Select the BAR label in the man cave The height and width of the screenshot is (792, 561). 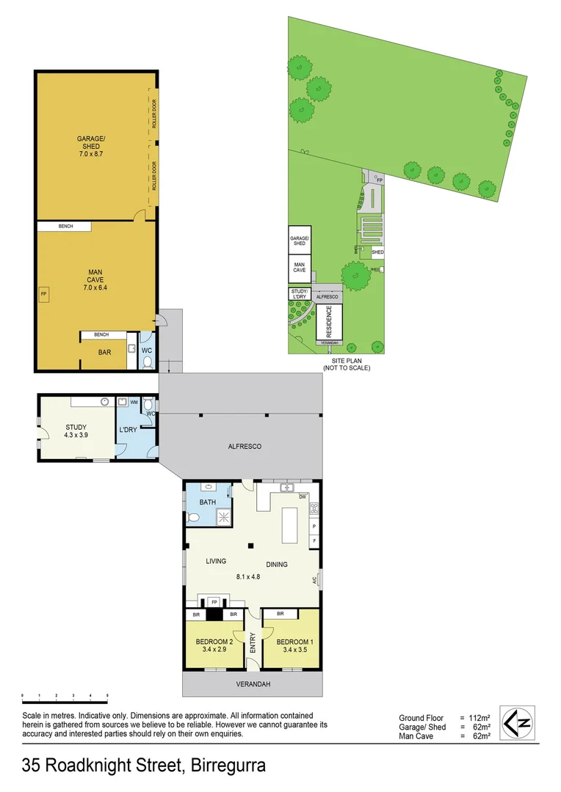105,352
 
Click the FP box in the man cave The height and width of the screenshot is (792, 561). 43,295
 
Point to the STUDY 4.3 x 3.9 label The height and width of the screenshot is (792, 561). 76,429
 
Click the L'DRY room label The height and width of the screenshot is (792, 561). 129,430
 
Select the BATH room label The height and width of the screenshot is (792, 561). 208,502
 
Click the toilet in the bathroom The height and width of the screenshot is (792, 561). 193,518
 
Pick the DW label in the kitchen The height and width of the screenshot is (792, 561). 302,496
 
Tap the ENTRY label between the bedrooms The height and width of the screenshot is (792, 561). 253,644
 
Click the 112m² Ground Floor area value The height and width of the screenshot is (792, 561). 479,718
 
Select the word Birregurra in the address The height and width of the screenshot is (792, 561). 228,767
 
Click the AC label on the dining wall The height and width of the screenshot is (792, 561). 314,580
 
